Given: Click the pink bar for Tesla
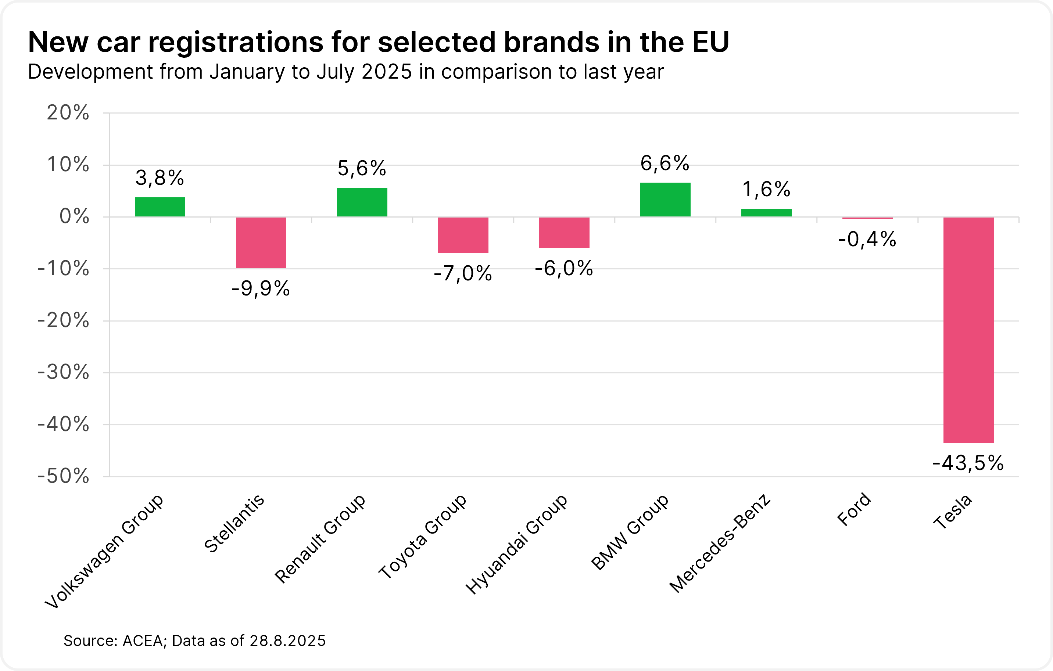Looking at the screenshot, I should pos(968,330).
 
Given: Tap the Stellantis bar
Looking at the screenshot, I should pos(261,243).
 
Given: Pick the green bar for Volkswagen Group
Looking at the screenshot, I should pos(160,207).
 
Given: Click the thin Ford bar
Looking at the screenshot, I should pos(868,218).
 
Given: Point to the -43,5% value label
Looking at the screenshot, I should pos(968,463).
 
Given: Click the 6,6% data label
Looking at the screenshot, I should pos(665,164).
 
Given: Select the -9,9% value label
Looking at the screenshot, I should pos(261,289).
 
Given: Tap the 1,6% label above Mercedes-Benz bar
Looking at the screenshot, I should pos(766,190).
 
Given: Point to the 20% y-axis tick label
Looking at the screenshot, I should pos(68,113).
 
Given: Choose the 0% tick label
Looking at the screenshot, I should pos(74,216).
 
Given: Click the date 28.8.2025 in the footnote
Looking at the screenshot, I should pos(288,641).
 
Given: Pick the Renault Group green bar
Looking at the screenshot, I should pos(362,202).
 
